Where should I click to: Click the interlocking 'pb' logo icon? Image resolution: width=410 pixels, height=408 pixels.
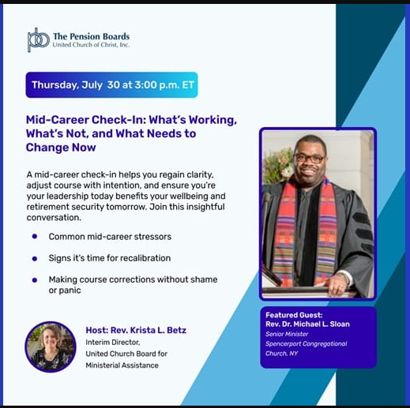39,39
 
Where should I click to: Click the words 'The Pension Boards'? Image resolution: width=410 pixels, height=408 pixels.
92,36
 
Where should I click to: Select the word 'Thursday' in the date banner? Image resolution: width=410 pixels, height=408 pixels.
55,85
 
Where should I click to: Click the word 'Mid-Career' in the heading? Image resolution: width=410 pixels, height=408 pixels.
58,120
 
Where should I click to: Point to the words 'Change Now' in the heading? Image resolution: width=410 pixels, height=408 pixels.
61,148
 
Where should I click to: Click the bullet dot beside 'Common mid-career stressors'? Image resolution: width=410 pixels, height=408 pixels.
35,236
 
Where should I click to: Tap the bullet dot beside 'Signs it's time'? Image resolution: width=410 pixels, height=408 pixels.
35,259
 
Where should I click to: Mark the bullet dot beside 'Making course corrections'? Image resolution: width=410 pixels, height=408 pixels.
35,280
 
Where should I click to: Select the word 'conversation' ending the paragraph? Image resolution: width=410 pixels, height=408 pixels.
53,218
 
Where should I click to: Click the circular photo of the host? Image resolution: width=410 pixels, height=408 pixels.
51,346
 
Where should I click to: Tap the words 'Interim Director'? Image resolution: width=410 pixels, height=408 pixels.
112,342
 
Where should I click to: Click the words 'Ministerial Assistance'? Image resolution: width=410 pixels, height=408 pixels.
122,365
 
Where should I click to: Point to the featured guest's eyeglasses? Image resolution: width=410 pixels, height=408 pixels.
310,159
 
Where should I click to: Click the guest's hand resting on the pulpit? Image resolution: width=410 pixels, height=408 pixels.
338,284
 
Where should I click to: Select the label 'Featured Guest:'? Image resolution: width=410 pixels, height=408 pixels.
294,315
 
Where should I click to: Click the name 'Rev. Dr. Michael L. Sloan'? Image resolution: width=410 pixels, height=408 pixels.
307,324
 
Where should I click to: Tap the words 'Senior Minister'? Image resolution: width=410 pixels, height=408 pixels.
287,334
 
